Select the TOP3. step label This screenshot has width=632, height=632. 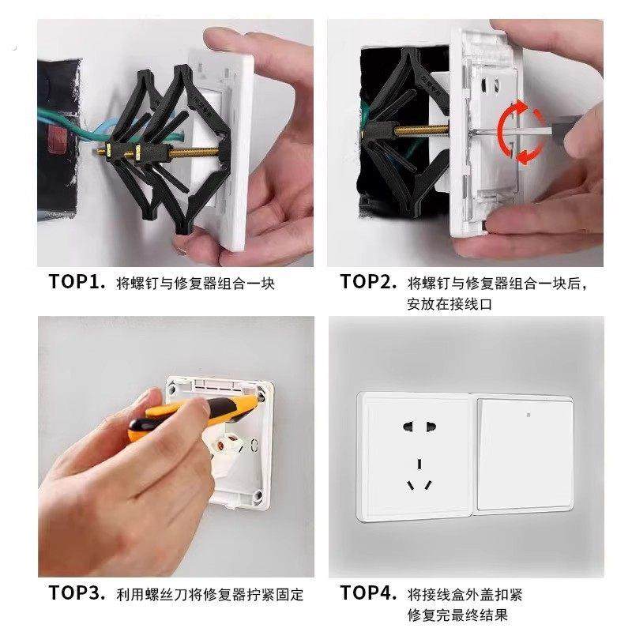point(77,593)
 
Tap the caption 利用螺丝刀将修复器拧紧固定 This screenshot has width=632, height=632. point(209,594)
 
